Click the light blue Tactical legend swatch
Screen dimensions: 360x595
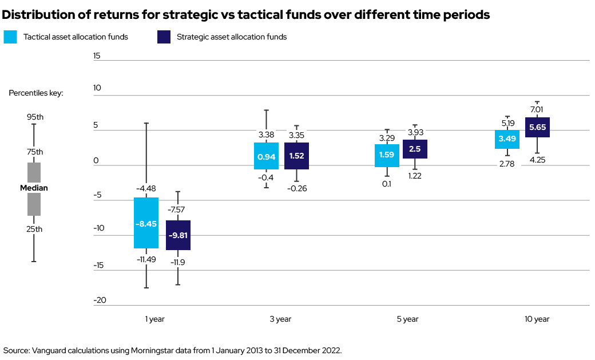coord(10,37)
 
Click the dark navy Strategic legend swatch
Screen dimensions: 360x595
coord(164,37)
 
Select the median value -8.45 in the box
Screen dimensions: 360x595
coord(146,224)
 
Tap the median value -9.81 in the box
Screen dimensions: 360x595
coord(178,235)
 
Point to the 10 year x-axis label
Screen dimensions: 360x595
coord(537,319)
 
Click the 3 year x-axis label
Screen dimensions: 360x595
coord(280,319)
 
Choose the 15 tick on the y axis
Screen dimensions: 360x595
coord(97,56)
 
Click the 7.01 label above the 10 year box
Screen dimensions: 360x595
coord(537,109)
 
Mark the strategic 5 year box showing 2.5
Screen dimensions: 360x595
coord(415,149)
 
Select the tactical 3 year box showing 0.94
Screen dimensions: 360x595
coord(266,156)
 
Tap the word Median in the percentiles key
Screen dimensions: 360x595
coord(34,188)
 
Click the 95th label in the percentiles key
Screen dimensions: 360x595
coord(35,117)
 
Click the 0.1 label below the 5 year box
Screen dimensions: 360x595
coord(386,184)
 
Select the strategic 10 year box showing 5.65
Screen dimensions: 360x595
coord(537,127)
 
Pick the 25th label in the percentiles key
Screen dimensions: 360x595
coord(35,229)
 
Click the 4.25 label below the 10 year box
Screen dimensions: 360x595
coord(537,160)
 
